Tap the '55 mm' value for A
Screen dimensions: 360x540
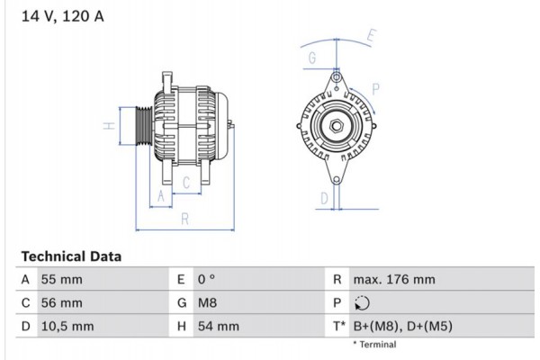(x=62, y=280)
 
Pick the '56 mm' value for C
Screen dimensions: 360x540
(x=62, y=303)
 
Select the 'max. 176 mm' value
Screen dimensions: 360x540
(x=393, y=280)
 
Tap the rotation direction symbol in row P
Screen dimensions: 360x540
(x=361, y=303)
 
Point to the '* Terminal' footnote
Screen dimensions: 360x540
(x=375, y=345)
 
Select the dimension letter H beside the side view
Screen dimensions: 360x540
(x=107, y=126)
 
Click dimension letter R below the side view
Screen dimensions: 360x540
(x=184, y=217)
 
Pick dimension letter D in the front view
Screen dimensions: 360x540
(x=323, y=199)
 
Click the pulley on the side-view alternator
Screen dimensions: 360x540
(x=142, y=126)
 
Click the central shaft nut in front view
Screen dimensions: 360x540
(x=336, y=126)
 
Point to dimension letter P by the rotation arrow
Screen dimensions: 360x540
(x=375, y=89)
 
